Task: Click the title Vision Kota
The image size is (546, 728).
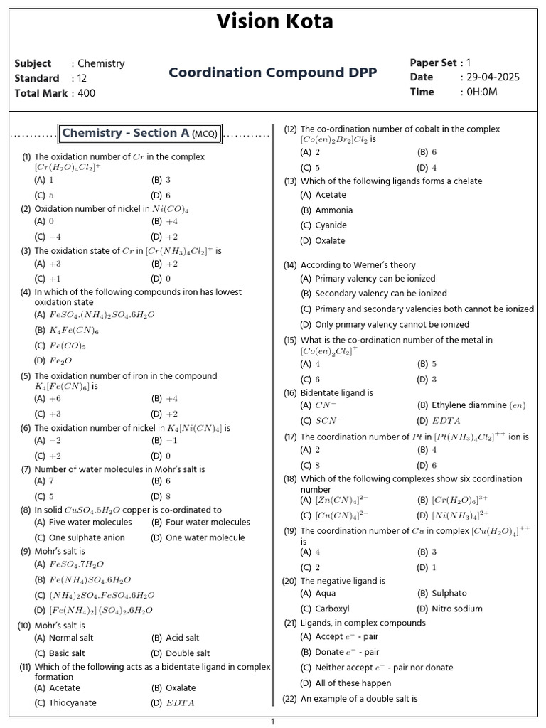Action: pos(274,22)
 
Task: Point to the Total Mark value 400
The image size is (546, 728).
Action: pos(86,93)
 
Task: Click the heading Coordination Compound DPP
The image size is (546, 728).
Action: pos(273,73)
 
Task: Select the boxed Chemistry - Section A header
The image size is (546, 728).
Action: pos(141,133)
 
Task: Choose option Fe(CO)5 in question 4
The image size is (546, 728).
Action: pos(68,346)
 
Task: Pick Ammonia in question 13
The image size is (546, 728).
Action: pos(333,210)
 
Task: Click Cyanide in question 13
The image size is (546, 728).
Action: pos(331,225)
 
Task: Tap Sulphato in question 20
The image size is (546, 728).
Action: pos(449,593)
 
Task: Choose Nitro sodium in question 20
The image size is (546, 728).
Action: pos(456,609)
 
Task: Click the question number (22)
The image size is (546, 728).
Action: pos(289,699)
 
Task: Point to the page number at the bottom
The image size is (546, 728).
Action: pos(272,722)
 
